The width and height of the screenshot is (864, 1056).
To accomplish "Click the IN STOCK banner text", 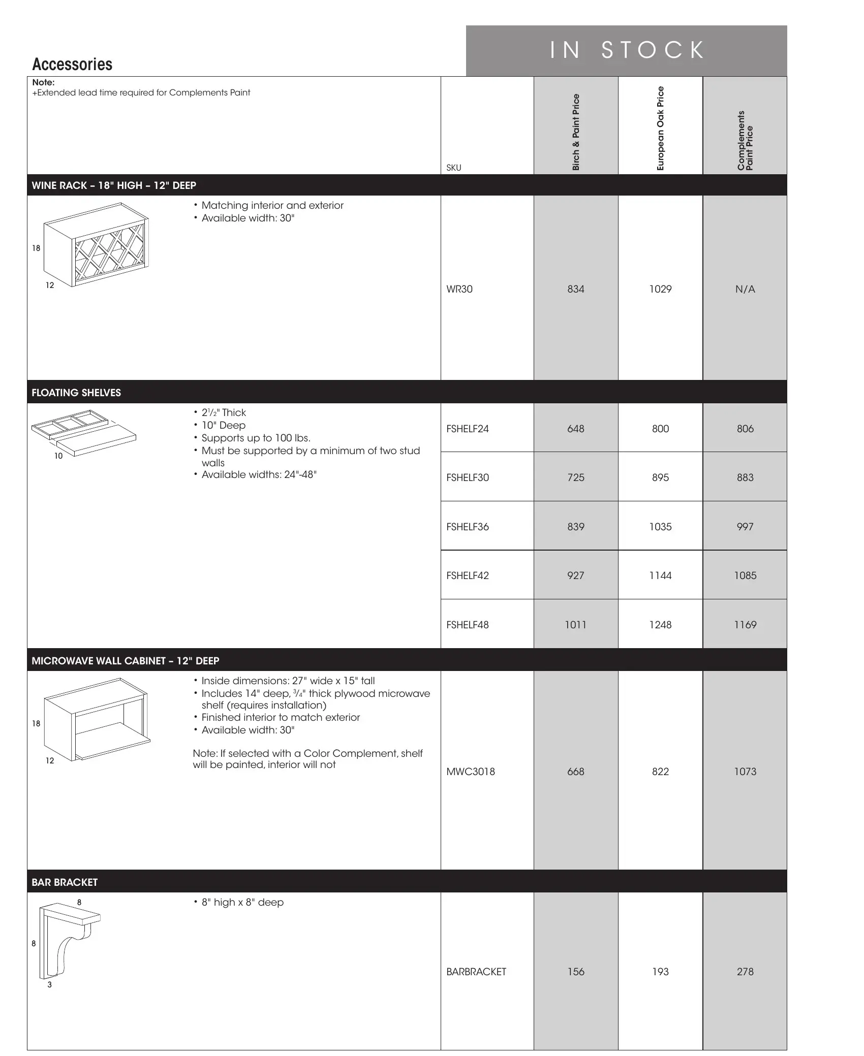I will coord(627,50).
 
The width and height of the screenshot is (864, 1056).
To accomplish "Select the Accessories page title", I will coord(72,65).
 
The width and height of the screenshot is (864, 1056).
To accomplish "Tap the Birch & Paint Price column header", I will coord(576,132).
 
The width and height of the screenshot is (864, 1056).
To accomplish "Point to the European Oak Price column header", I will coord(660,129).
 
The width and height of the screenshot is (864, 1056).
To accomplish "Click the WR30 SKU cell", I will coord(459,289).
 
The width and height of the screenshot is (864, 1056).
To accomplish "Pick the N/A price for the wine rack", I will coord(745,289).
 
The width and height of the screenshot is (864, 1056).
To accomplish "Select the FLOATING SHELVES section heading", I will coord(76,393).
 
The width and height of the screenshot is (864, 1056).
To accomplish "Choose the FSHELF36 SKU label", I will coord(468,527).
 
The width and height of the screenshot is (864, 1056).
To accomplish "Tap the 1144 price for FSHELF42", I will coord(660,575).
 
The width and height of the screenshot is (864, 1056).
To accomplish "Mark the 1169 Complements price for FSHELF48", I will coord(745,625).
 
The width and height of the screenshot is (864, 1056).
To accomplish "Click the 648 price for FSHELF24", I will coord(576,429).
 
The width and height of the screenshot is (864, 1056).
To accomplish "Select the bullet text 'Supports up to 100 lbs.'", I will coord(256,438).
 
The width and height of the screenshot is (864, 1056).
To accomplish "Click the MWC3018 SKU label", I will coord(471,772).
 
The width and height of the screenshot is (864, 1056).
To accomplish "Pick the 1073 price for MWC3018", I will coord(745,772).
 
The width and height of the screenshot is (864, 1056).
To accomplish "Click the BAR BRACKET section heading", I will coord(65,882).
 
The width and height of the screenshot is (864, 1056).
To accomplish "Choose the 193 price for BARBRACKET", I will coord(660,972).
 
